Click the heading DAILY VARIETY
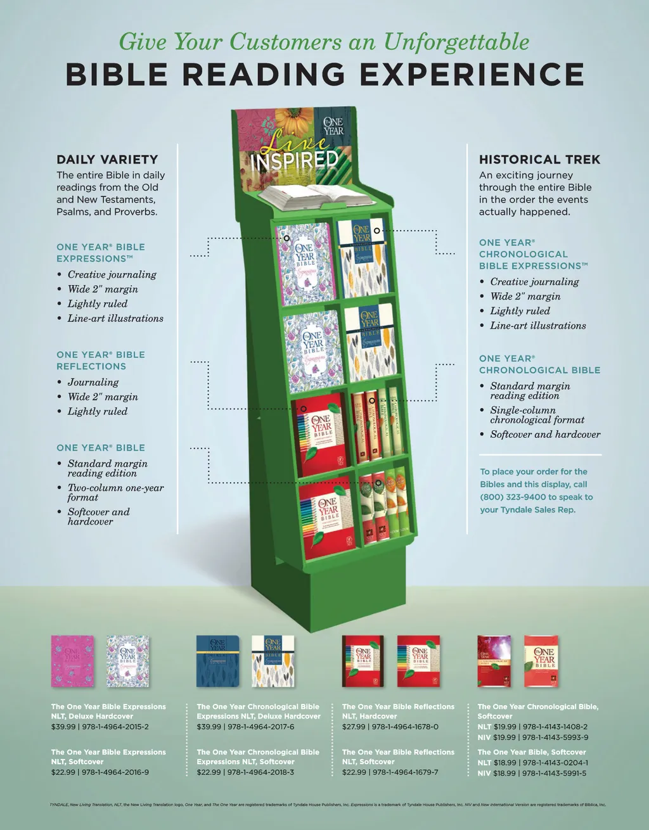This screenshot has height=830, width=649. tap(107, 160)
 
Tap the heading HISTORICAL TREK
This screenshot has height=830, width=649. tap(539, 160)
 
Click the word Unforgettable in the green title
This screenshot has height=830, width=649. tap(456, 42)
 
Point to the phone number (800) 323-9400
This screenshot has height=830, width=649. tap(513, 497)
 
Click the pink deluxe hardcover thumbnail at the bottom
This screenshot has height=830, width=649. tap(72, 661)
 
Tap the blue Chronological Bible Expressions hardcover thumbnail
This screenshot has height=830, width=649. tap(217, 661)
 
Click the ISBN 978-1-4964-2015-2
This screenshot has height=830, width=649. tap(115, 727)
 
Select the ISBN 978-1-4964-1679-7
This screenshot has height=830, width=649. tap(406, 772)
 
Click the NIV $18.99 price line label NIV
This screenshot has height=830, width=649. tap(484, 773)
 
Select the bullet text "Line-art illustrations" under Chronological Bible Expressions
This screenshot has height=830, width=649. tap(538, 326)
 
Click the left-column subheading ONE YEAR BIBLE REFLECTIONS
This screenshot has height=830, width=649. tap(101, 361)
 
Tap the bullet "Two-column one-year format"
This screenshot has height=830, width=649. tap(115, 492)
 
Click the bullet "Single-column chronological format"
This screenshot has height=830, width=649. tap(537, 415)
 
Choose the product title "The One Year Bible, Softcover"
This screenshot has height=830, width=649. tap(531, 752)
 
